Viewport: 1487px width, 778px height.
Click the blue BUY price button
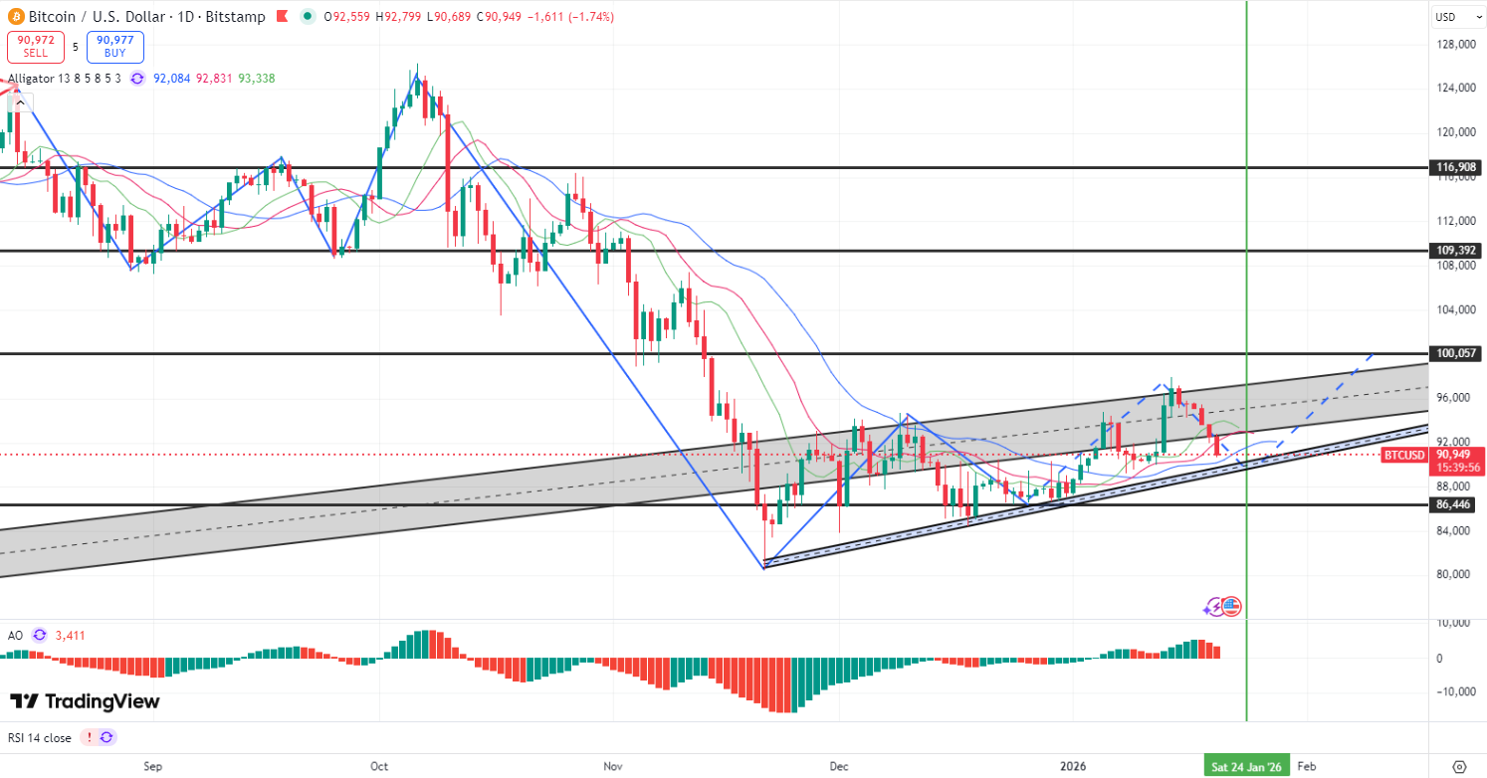pyautogui.click(x=115, y=47)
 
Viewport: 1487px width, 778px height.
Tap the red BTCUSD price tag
pyautogui.click(x=1403, y=455)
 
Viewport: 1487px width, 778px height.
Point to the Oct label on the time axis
pyautogui.click(x=378, y=766)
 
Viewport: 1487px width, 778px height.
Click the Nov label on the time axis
pyautogui.click(x=612, y=766)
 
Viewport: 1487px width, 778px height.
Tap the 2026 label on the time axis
pyautogui.click(x=1073, y=766)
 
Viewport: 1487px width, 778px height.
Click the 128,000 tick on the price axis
pyautogui.click(x=1455, y=45)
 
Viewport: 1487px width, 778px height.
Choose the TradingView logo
pyautogui.click(x=85, y=701)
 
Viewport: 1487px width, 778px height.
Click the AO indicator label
pyautogui.click(x=15, y=635)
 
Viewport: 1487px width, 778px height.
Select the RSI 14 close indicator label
pyautogui.click(x=40, y=737)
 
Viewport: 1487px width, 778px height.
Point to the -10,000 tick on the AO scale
pyautogui.click(x=1454, y=691)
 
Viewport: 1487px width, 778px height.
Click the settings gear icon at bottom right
pyautogui.click(x=1459, y=766)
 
